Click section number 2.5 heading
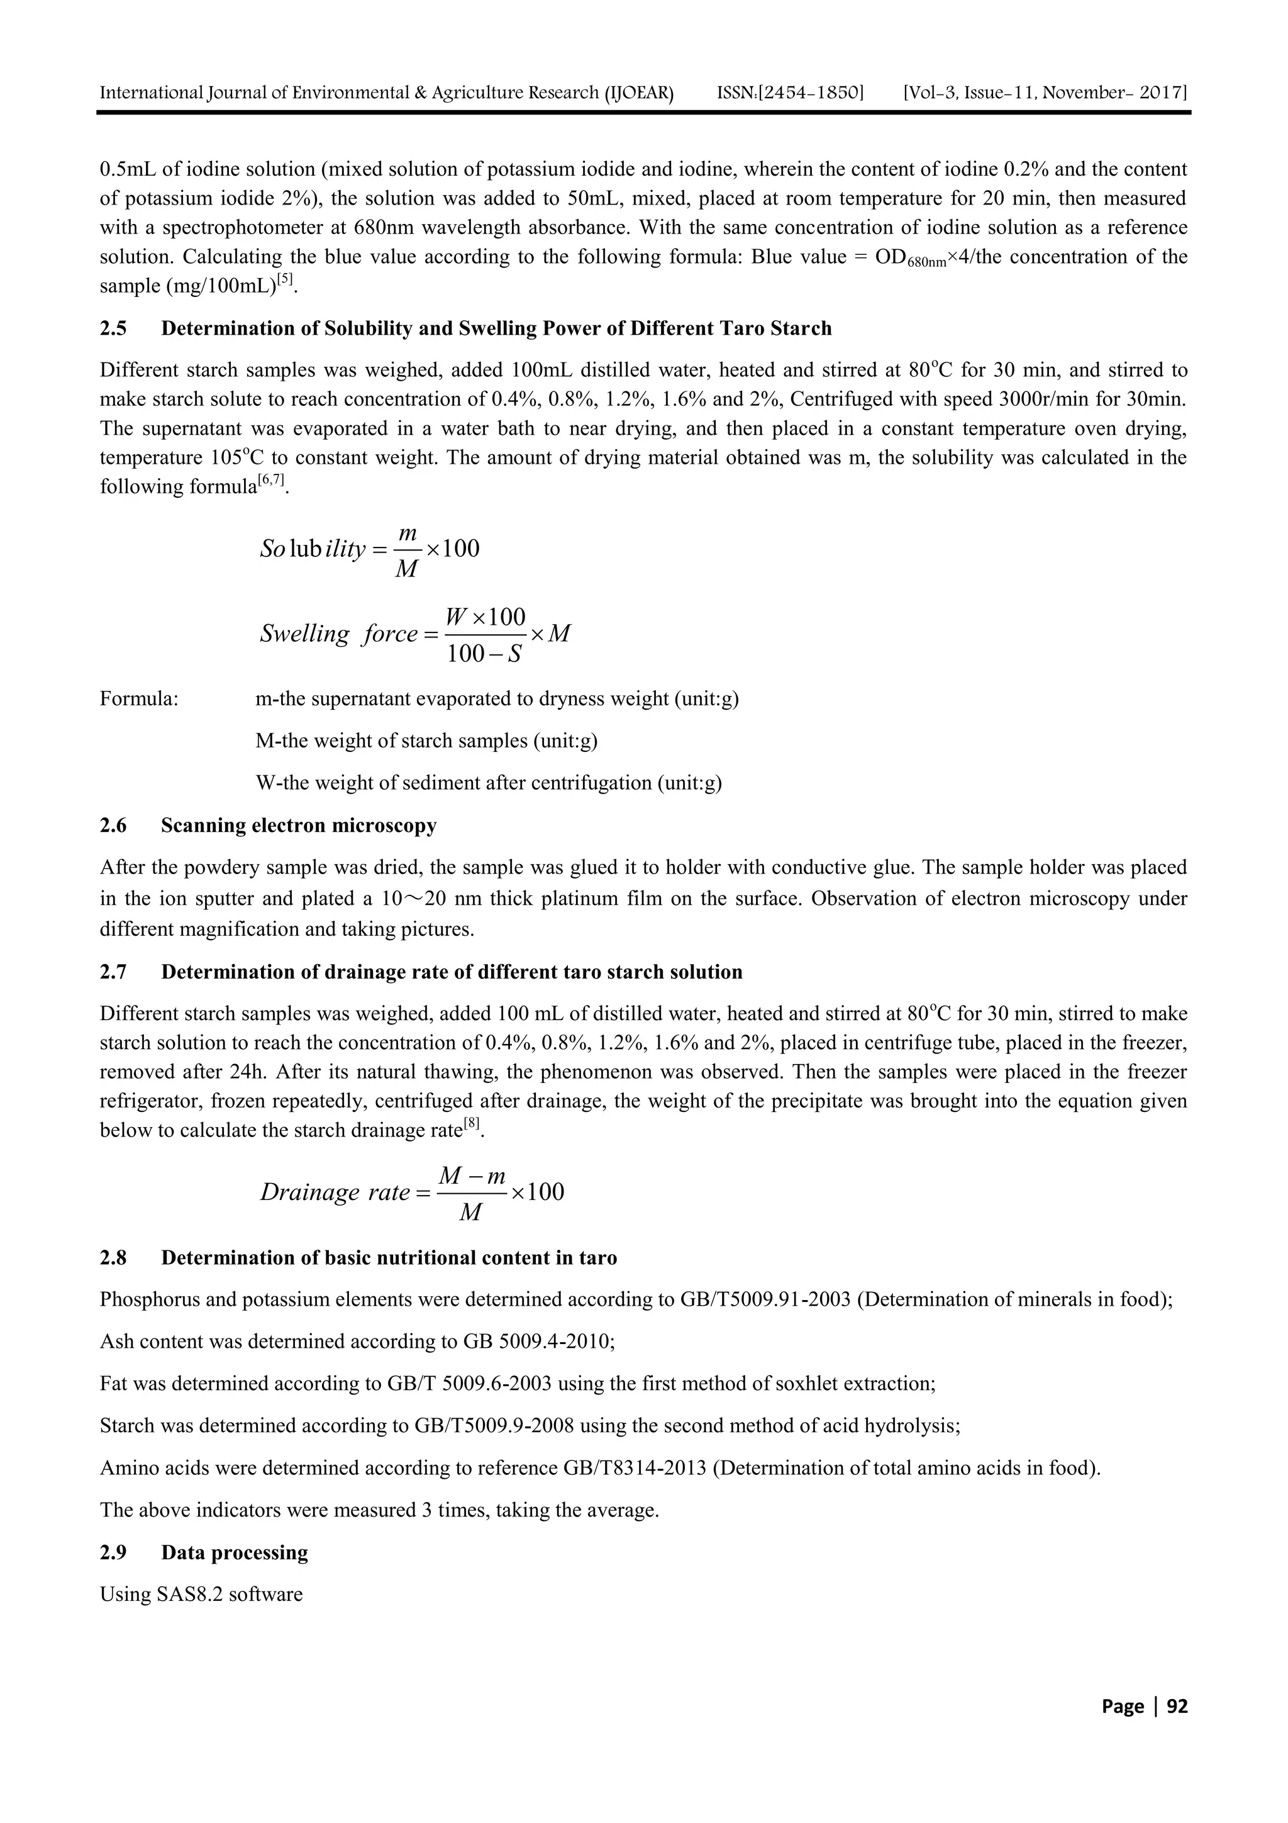[x=113, y=328]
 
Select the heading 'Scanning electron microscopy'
[x=298, y=826]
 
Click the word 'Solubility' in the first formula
[x=313, y=549]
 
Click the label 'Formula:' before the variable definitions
[x=139, y=700]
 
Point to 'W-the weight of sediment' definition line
[x=488, y=783]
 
